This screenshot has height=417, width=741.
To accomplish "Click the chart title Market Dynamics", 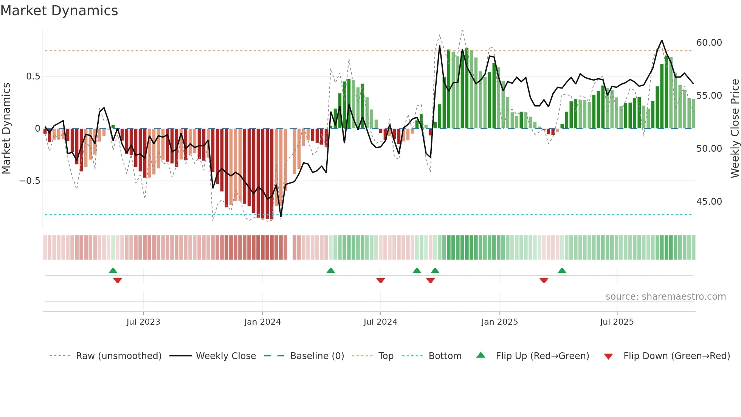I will pyautogui.click(x=59, y=11).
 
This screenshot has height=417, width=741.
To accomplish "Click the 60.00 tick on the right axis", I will pyautogui.click(x=709, y=43).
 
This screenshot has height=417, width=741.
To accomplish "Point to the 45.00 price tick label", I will pyautogui.click(x=709, y=202).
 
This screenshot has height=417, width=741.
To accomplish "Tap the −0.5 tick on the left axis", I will pyautogui.click(x=30, y=181).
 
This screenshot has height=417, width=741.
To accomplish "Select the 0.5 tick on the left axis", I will pyautogui.click(x=33, y=76).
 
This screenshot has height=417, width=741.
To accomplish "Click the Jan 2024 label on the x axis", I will pyautogui.click(x=262, y=322).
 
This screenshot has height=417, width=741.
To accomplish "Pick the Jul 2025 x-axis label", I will pyautogui.click(x=617, y=322).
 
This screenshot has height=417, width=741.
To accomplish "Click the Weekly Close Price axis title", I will pyautogui.click(x=735, y=128).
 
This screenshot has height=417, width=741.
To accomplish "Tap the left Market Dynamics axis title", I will pyautogui.click(x=6, y=128).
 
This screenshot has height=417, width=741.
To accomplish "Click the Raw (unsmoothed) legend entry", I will pyautogui.click(x=118, y=356).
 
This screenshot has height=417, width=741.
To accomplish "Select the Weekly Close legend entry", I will pyautogui.click(x=226, y=356).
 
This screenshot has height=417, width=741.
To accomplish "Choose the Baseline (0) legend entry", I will pyautogui.click(x=317, y=356).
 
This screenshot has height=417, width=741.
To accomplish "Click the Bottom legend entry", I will pyautogui.click(x=445, y=356).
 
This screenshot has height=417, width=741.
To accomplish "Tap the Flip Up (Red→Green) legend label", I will pyautogui.click(x=542, y=356).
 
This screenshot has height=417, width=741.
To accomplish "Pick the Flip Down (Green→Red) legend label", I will pyautogui.click(x=676, y=356).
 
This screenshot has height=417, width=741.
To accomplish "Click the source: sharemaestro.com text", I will pyautogui.click(x=665, y=297).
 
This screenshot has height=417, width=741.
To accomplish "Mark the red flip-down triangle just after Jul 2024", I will pyautogui.click(x=381, y=280).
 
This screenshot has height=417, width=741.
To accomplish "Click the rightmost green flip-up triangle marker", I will pyautogui.click(x=562, y=271).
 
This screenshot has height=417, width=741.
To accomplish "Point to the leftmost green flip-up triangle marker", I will pyautogui.click(x=113, y=271).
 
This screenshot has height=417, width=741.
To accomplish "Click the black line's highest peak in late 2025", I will pyautogui.click(x=662, y=40).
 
